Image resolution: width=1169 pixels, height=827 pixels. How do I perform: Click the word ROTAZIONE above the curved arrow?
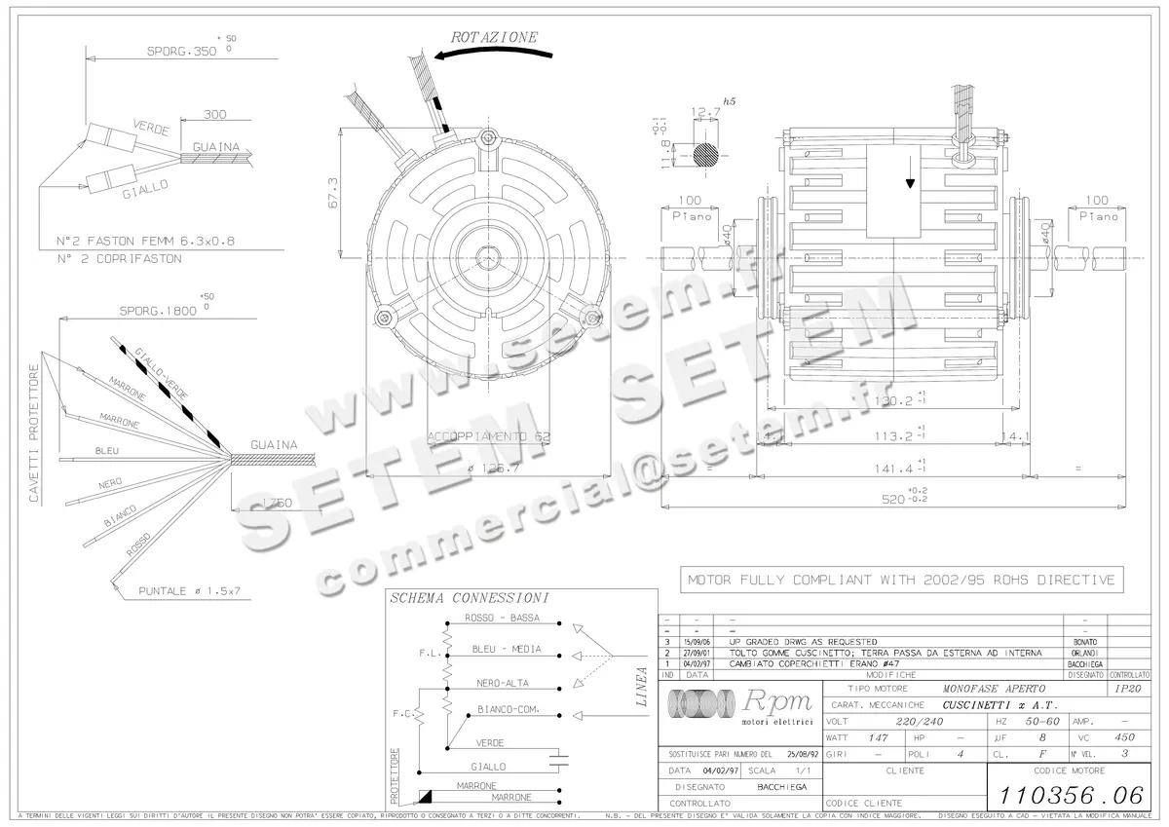click(494, 37)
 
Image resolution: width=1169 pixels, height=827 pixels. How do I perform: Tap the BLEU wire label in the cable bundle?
click(106, 451)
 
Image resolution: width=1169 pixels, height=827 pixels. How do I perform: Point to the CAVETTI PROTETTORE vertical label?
click(34, 433)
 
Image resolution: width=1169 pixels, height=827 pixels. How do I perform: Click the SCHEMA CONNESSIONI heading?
click(469, 597)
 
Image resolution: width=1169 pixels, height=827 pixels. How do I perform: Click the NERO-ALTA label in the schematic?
click(503, 683)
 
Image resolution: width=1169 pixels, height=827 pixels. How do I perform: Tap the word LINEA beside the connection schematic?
click(640, 686)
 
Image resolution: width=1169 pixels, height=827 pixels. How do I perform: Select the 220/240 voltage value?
click(892, 721)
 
